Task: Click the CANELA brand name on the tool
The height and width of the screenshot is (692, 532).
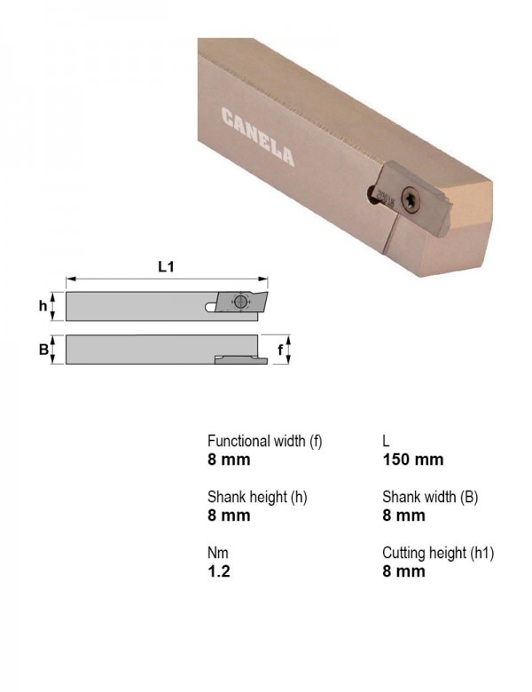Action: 258,137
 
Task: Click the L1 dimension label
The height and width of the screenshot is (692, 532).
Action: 166,266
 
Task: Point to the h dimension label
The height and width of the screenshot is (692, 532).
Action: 43,305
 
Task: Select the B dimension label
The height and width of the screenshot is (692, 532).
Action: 43,350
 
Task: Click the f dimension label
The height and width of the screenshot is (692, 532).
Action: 280,350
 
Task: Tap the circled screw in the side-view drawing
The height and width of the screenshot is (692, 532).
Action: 240,302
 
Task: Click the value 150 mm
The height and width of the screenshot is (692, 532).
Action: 413,460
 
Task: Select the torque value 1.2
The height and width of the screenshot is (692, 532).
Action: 219,571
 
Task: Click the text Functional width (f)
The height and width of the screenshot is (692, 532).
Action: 265,441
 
